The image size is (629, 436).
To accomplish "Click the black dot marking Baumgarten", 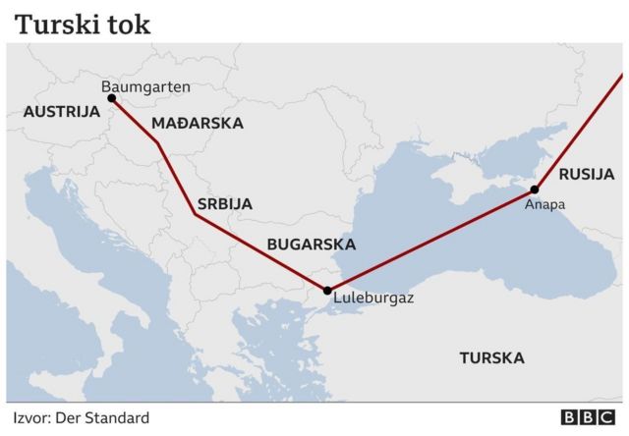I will point(111,98).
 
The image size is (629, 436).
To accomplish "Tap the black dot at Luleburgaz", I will point(327,291).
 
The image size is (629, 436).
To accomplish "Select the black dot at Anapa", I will point(536,190).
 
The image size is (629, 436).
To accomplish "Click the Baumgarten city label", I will point(145,86).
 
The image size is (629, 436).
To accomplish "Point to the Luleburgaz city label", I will point(373,297).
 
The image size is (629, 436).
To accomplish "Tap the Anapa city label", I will point(545,205).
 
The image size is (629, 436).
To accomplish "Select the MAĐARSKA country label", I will point(198,124).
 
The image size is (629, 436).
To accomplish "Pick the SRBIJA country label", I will point(224,204).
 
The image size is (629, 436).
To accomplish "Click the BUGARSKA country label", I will point(312,245).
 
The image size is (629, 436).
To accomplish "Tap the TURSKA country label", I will point(491,357).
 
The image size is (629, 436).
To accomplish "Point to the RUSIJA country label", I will point(586,175).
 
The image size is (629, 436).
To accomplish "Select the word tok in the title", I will point(130,24).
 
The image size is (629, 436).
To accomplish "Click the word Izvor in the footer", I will point(29,418).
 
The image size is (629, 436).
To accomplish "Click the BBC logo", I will point(586,418).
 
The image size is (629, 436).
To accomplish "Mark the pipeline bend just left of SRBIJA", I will point(194,215).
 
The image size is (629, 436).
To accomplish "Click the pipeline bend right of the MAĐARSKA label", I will point(159,144).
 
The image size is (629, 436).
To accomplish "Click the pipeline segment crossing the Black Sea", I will point(432,240).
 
